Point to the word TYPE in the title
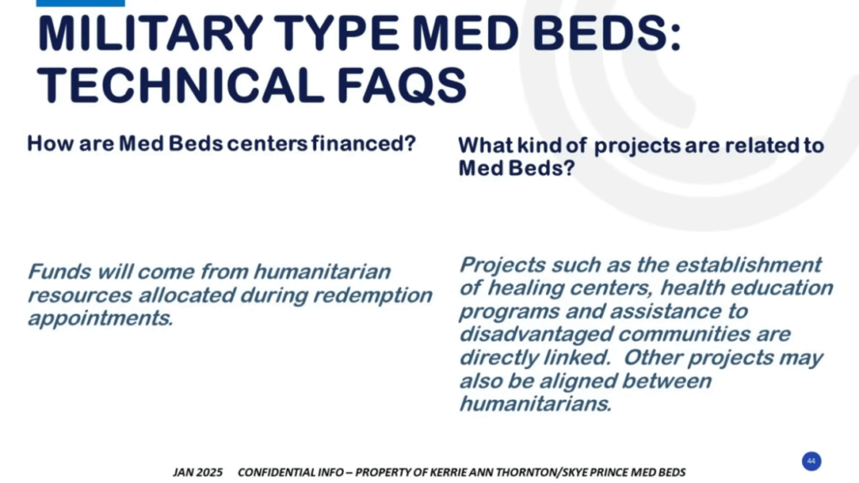(336, 34)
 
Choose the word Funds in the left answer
(60, 272)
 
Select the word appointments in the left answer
(101, 319)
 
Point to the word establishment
(748, 265)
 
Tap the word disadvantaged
(535, 335)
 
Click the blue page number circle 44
(811, 461)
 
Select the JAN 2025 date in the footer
(198, 472)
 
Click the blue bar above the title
(81, 3)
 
